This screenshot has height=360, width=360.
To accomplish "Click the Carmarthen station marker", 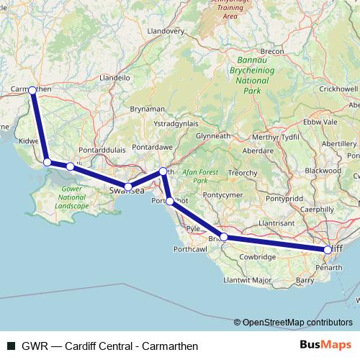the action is click(32, 90).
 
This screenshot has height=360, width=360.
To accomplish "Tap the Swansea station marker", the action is click(128, 187).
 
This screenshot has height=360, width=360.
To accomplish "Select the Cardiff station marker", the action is click(328, 250).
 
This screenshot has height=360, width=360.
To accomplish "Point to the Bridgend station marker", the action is click(224, 237).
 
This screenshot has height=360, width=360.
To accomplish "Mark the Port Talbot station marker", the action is click(169, 202).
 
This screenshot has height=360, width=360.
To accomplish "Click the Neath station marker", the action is click(163, 171).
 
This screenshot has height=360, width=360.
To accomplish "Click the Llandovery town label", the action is click(166, 32).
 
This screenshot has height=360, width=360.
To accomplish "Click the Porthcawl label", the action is click(189, 249).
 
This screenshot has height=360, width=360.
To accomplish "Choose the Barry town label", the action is click(304, 280).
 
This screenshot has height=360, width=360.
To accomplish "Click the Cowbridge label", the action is click(258, 257).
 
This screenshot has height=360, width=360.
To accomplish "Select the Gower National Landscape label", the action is click(71, 198).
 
